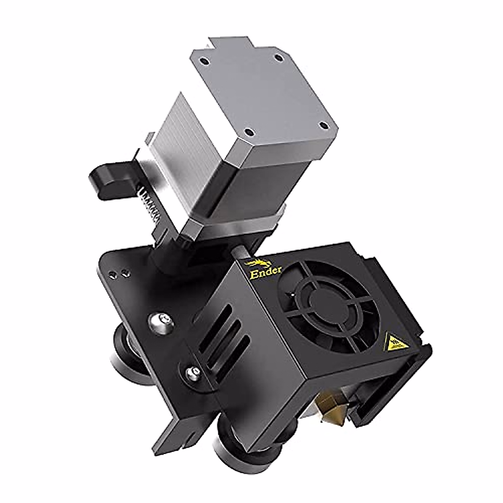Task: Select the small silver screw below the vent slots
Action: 193,371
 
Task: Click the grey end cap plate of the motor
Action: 264,92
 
